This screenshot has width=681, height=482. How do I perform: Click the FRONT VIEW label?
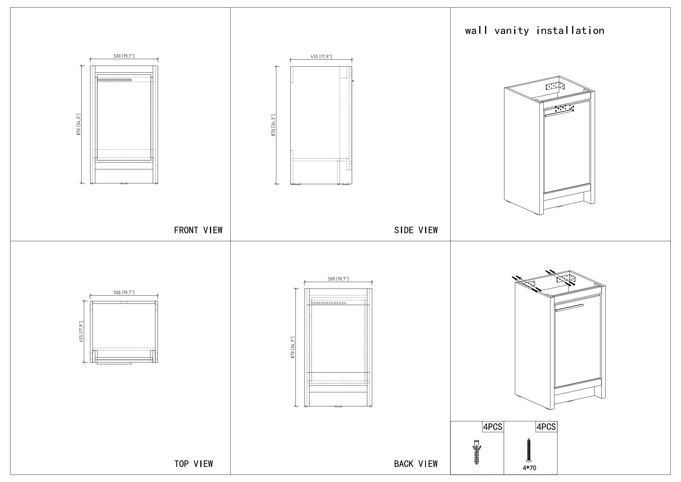click(198, 230)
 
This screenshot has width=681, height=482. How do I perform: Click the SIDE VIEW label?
click(416, 230)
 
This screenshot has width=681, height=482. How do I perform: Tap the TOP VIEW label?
click(194, 464)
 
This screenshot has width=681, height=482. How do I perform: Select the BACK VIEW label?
click(416, 464)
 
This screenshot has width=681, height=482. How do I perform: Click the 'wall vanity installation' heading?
click(535, 31)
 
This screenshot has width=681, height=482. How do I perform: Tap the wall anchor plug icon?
click(476, 452)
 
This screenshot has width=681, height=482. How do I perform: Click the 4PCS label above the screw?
click(546, 427)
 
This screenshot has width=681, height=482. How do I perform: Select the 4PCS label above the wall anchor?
click(493, 427)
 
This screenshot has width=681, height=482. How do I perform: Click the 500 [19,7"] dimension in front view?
click(124, 56)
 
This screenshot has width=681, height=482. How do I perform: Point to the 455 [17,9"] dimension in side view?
click(321, 57)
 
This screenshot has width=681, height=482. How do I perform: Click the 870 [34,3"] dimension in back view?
click(293, 348)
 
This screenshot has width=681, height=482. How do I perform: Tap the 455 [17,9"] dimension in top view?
click(81, 332)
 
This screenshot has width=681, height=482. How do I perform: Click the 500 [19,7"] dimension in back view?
click(338, 279)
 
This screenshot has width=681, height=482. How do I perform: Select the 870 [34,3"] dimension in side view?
click(273, 125)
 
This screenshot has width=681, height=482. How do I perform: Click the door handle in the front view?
click(114, 80)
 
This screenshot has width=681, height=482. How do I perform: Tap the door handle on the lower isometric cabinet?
click(569, 308)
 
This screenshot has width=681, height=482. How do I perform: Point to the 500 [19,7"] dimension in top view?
click(124, 292)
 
